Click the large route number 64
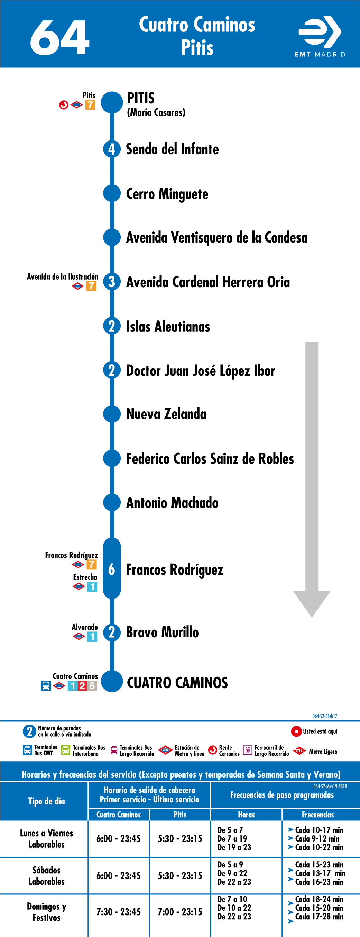click(59, 37)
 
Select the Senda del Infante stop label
click(172, 149)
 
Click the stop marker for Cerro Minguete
click(112, 193)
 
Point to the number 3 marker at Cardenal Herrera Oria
click(112, 282)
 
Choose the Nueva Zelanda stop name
click(166, 414)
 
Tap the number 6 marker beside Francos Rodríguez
click(112, 569)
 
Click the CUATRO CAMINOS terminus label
click(177, 683)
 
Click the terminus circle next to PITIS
click(112, 102)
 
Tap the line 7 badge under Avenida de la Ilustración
click(91, 286)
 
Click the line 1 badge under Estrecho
click(92, 587)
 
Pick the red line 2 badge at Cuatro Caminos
click(82, 686)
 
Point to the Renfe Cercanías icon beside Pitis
click(64, 105)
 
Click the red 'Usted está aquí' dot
click(296, 731)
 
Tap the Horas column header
click(246, 815)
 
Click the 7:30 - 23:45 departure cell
click(119, 912)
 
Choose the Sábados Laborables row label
click(47, 875)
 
